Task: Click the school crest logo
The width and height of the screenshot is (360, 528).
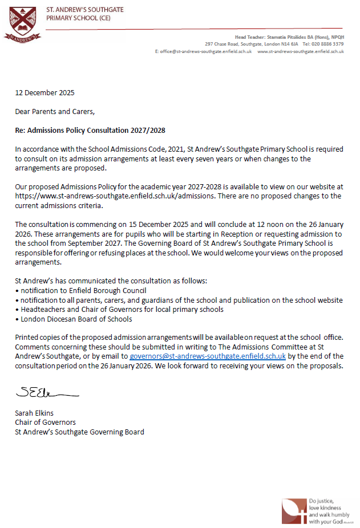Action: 22,23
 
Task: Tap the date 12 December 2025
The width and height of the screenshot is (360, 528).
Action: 45,93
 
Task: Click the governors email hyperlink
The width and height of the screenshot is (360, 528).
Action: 208,356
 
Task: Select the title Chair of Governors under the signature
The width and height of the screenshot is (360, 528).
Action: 45,423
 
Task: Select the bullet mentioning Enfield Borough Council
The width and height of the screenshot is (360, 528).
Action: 82,291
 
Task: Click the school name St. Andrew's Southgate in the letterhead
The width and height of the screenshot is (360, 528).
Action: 86,10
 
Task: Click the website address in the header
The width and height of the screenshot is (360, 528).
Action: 301,51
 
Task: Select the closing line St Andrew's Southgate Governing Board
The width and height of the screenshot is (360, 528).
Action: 79,432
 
